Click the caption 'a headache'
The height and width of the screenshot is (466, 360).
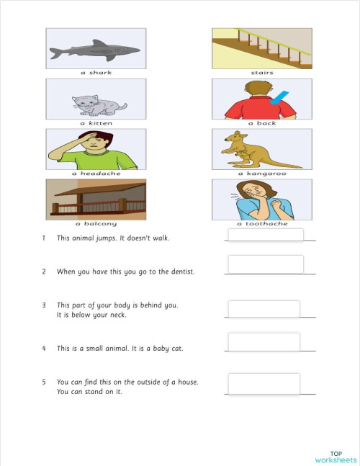pyautogui.click(x=96, y=174)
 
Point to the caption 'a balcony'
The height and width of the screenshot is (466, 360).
pyautogui.click(x=96, y=224)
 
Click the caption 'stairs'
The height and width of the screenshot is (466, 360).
pyautogui.click(x=262, y=73)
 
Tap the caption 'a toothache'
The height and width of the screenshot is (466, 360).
pyautogui.click(x=262, y=224)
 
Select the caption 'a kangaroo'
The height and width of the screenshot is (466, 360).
pyautogui.click(x=262, y=174)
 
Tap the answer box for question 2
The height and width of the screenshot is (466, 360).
pyautogui.click(x=265, y=264)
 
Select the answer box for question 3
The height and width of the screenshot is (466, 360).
pyautogui.click(x=264, y=309)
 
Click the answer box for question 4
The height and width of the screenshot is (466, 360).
pyautogui.click(x=264, y=342)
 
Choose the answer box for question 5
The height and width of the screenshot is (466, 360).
pyautogui.click(x=264, y=384)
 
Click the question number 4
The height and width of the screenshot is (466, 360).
pyautogui.click(x=44, y=349)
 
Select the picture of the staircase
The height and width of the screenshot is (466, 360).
pyautogui.click(x=262, y=49)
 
